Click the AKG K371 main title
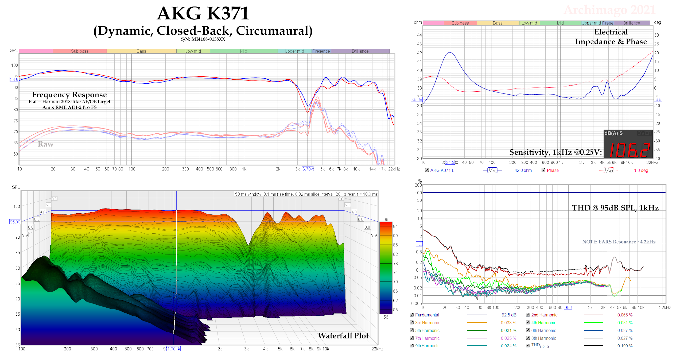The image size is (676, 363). tap(203, 14)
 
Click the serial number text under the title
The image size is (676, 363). tap(203, 39)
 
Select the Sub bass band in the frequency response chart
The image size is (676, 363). tap(80, 51)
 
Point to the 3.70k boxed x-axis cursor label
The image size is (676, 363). tap(308, 169)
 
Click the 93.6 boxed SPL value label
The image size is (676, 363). tap(14, 79)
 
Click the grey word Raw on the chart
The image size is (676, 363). tap(46, 144)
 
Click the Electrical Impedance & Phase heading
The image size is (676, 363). tap(611, 37)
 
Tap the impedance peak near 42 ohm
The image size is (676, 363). tap(450, 52)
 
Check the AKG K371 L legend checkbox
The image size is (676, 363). tap(427, 170)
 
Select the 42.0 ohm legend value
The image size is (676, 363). tap(523, 170)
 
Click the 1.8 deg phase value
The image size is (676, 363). tap(641, 170)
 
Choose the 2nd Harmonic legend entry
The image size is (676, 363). tap(544, 315)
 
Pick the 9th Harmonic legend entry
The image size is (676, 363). tap(427, 346)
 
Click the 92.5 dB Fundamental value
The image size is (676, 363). tap(509, 315)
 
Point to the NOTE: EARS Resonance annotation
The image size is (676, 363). tap(618, 242)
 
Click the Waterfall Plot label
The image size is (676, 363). tap(343, 336)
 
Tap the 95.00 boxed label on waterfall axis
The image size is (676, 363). tap(15, 222)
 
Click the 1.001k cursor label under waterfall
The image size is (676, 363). tap(174, 349)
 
